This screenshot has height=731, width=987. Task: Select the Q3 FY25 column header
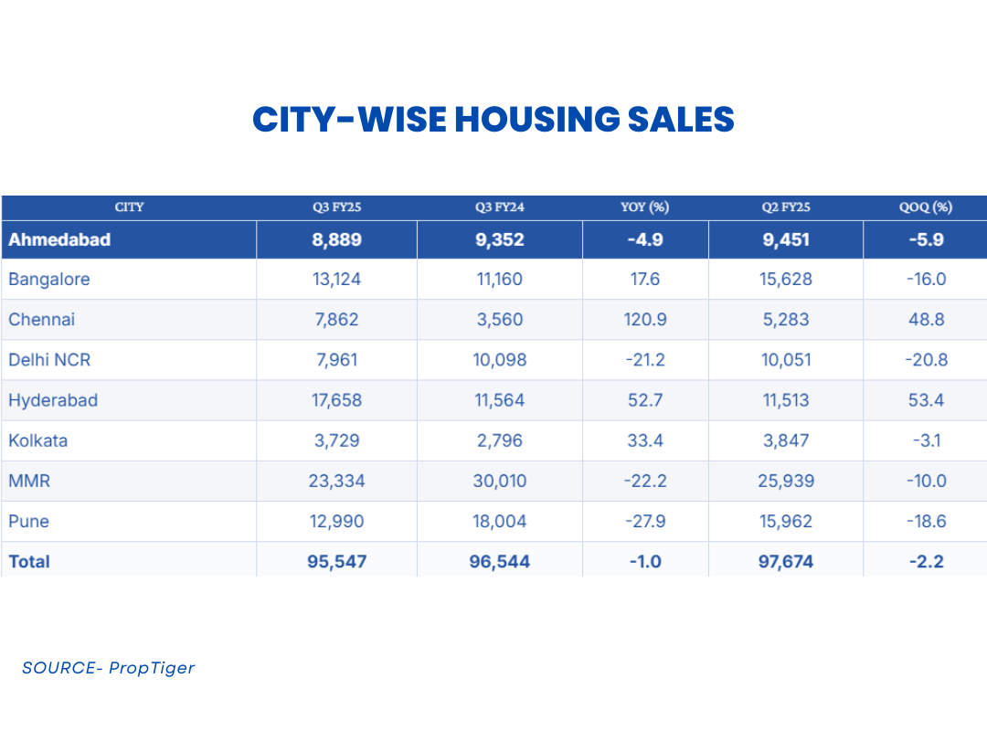[x=336, y=207]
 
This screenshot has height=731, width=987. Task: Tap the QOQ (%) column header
[x=925, y=207]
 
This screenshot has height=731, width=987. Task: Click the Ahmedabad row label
[x=59, y=239]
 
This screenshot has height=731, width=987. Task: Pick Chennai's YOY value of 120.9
[x=645, y=320]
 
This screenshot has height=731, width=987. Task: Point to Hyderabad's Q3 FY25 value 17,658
[x=336, y=400]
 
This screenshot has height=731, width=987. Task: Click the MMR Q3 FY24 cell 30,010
[x=499, y=481]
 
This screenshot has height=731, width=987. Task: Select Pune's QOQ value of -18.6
[x=925, y=521]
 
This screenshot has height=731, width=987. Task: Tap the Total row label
[x=29, y=561]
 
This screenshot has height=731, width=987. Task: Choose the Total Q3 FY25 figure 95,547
[x=336, y=561]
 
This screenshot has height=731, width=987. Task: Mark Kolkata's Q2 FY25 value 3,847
[x=785, y=440]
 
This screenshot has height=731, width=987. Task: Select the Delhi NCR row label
[x=49, y=360]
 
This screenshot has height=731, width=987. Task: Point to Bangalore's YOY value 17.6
[x=645, y=280]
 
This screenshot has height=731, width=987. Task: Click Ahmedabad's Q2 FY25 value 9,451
[x=785, y=239]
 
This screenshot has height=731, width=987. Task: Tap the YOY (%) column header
[x=645, y=207]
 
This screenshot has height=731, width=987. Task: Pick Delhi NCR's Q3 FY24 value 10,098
[x=499, y=360]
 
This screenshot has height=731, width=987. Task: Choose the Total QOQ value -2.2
[x=925, y=561]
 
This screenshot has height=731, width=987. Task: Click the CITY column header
[x=129, y=207]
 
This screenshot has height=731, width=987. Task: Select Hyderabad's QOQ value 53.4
[x=925, y=400]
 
